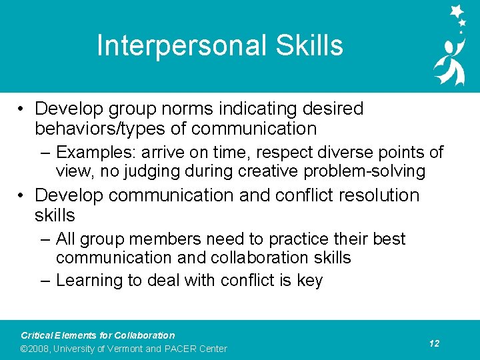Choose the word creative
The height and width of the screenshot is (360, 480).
click(x=267, y=172)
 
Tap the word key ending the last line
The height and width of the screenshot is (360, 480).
click(x=309, y=281)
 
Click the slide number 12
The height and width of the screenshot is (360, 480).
click(x=434, y=343)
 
